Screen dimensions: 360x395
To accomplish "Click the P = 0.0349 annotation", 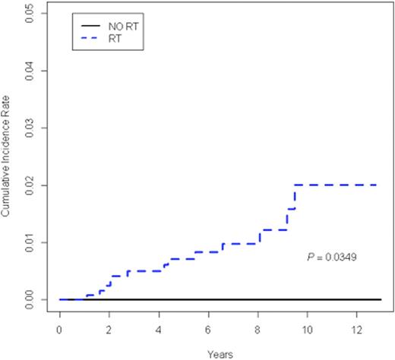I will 331,257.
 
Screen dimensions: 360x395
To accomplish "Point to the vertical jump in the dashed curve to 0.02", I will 295,197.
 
